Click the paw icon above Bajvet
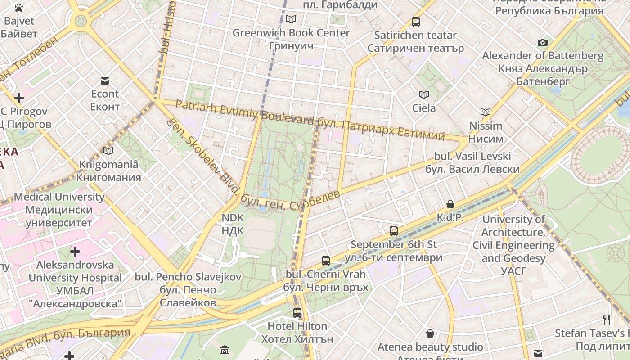pos(18,8)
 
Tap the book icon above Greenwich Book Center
pos(291,19)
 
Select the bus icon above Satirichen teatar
pos(416,22)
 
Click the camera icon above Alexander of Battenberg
pos(543,42)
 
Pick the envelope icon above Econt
pos(105,81)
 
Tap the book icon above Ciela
pos(424,94)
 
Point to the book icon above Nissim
pos(485,112)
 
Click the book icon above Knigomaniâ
pos(108,151)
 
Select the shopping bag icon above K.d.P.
pos(450,204)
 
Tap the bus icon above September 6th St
pos(394,231)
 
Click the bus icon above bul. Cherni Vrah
pos(325,261)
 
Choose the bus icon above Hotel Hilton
pos(297,312)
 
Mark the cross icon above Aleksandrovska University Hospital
pos(75,251)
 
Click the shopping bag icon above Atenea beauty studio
pos(430,333)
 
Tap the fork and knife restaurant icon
pos(607,319)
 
